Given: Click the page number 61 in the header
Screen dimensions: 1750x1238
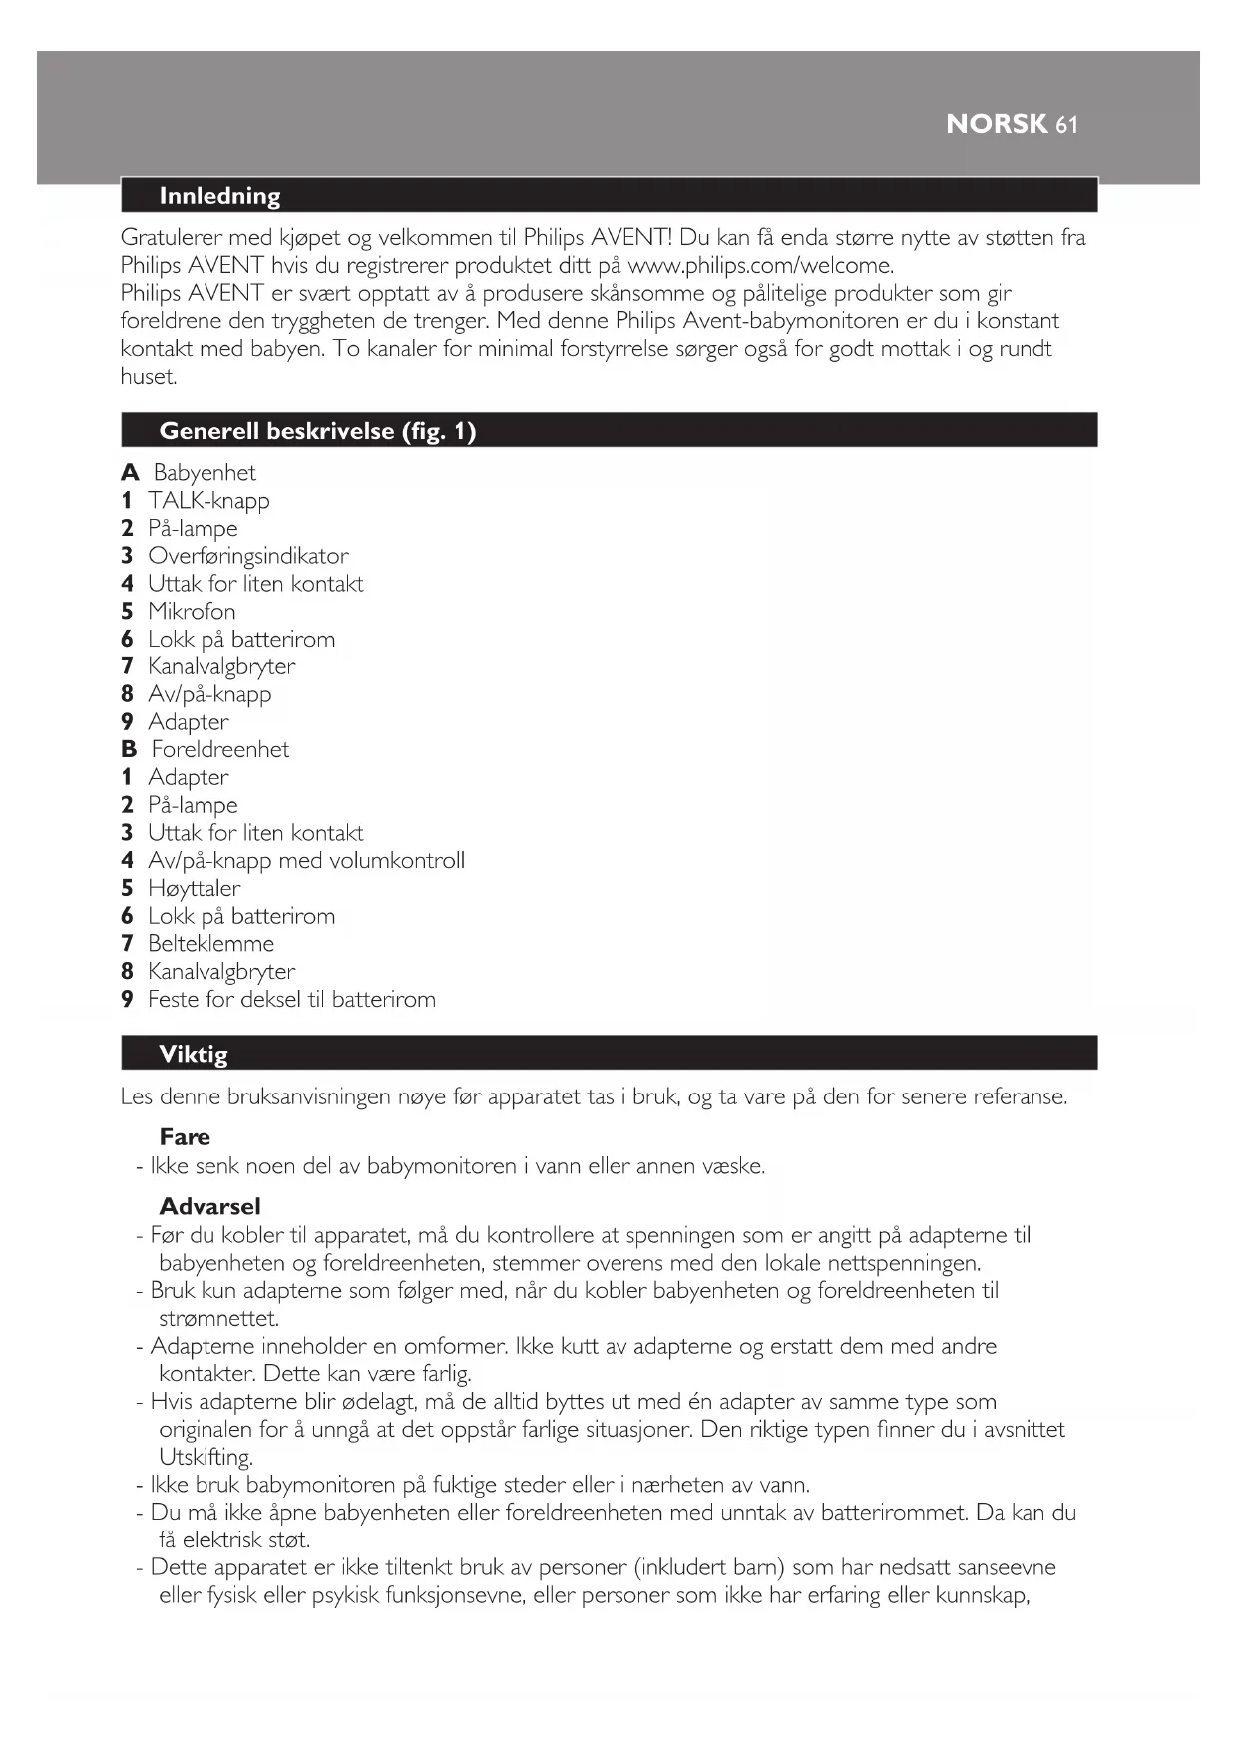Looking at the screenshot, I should (x=1066, y=125).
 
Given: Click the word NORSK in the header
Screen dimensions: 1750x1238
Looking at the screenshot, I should (x=996, y=124).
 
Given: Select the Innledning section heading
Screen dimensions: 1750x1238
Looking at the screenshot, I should (x=219, y=196).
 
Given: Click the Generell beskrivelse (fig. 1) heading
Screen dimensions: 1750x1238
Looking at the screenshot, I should (x=317, y=431).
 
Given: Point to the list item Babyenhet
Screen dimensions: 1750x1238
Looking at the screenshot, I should (x=204, y=473).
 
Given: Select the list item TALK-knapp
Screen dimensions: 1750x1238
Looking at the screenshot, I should (x=208, y=501).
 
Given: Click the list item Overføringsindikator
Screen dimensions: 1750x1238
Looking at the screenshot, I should (x=247, y=556).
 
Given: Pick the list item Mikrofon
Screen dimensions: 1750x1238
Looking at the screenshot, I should (x=192, y=612).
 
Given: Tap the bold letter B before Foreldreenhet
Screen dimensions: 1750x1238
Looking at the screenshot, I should (x=129, y=750).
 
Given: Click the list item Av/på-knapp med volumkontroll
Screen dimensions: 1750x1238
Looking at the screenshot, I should (x=305, y=861).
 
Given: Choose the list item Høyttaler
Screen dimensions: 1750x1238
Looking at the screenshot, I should (x=194, y=889).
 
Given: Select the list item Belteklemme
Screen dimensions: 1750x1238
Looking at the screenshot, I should (x=210, y=944).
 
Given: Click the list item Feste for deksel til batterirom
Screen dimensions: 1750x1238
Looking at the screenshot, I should (x=291, y=1000).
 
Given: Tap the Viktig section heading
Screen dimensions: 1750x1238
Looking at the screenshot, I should (x=194, y=1055).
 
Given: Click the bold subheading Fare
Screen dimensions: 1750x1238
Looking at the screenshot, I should (x=185, y=1137).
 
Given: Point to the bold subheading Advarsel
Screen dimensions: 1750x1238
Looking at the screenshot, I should (x=209, y=1207).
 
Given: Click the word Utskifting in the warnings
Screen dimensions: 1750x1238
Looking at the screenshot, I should (x=206, y=1458).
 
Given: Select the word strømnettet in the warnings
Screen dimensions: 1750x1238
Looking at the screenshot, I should (x=218, y=1319).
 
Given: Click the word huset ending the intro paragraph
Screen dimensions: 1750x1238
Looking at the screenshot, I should (x=148, y=377).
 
